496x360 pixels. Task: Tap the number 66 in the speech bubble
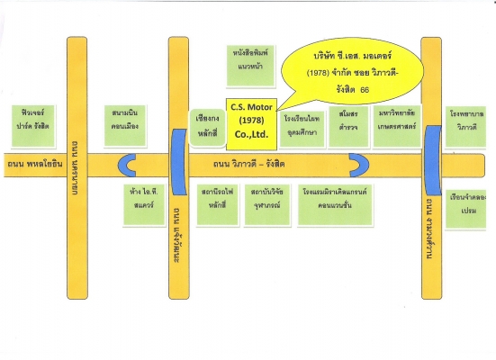(x=365, y=91)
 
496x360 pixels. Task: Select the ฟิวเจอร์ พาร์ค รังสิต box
(x=37, y=120)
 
